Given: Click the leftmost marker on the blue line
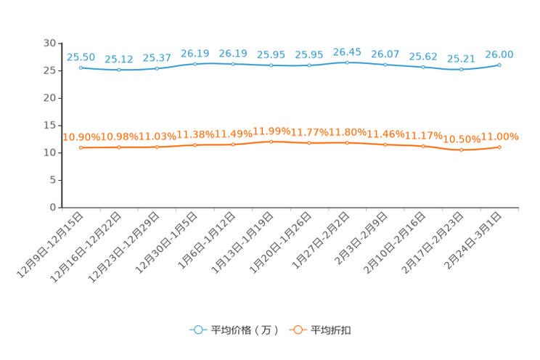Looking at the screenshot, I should (x=81, y=67).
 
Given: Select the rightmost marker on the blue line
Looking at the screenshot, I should (x=499, y=65).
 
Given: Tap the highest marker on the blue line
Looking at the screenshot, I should (x=347, y=62).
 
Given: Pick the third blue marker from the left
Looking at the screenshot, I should (x=157, y=68).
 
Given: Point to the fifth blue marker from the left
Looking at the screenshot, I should (x=233, y=64).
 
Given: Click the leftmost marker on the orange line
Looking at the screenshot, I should (x=81, y=147).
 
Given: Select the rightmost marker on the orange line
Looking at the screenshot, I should (x=499, y=147).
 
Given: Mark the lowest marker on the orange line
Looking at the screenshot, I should (x=461, y=150).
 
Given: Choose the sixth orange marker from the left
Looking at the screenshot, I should (x=271, y=142).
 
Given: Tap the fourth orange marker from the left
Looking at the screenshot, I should (x=195, y=145).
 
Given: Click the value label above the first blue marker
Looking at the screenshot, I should (x=81, y=57).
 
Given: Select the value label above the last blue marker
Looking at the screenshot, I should (x=499, y=54).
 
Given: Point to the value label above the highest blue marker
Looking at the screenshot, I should (x=347, y=52).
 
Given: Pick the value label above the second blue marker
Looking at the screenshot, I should (x=118, y=59).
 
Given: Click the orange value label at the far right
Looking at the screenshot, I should (x=501, y=136).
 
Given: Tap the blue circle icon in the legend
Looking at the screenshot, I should (x=197, y=330).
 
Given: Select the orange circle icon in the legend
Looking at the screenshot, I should (x=297, y=330).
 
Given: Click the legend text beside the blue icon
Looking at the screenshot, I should (x=245, y=330).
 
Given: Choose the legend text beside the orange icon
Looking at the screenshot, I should (x=332, y=330).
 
